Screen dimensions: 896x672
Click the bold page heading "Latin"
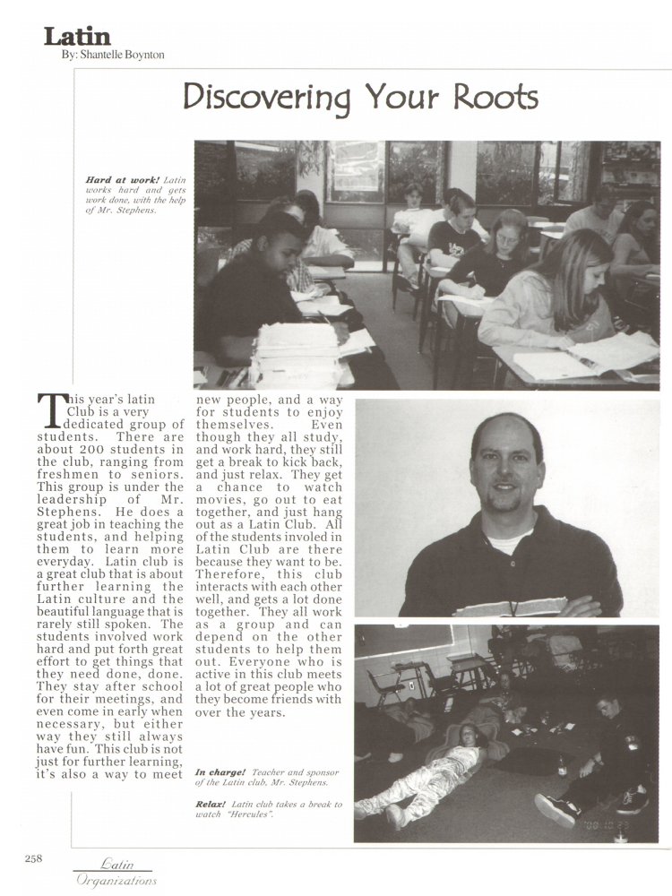click(x=77, y=37)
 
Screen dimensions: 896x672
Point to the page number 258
click(x=34, y=858)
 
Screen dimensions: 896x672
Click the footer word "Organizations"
click(x=116, y=880)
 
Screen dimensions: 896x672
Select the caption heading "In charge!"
click(x=220, y=771)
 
